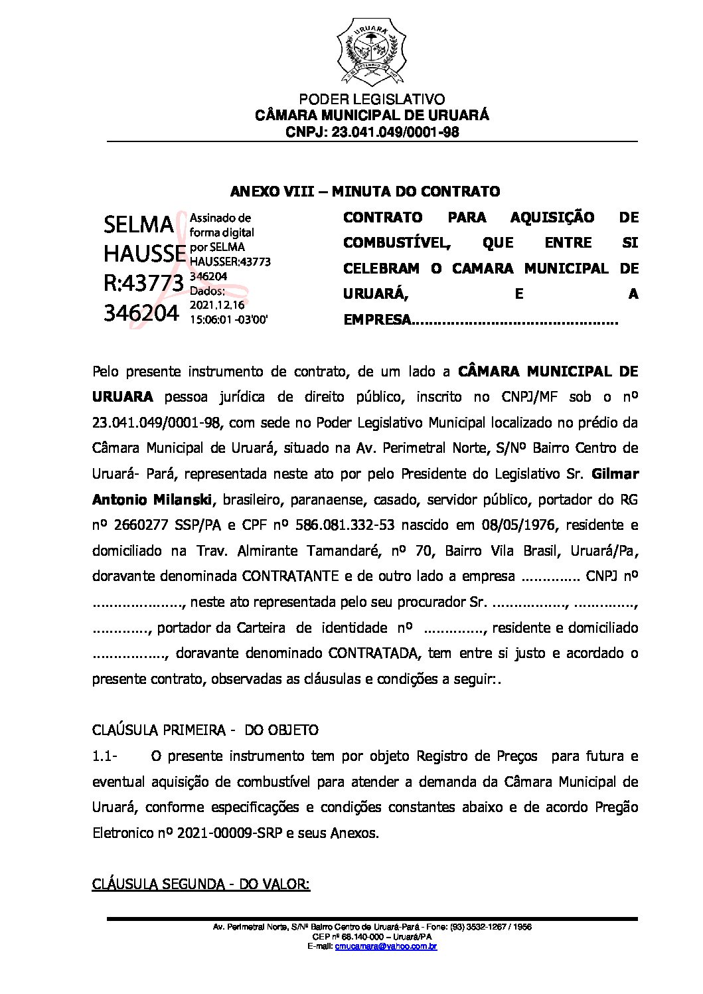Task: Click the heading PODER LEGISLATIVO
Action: point(372,100)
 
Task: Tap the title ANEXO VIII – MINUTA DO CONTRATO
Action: point(364,192)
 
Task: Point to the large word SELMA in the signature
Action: point(138,226)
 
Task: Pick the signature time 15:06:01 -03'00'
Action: point(229,319)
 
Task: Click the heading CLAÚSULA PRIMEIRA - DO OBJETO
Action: point(205,730)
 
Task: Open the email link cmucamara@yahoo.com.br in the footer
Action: point(386,946)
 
